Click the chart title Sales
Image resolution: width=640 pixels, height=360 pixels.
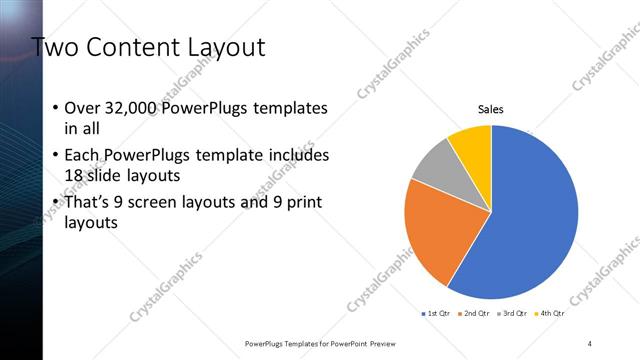click(x=490, y=108)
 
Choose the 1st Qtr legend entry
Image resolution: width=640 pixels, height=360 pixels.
click(x=436, y=314)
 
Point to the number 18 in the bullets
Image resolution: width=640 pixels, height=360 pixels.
click(x=75, y=174)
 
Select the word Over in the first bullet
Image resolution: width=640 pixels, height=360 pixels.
click(x=82, y=108)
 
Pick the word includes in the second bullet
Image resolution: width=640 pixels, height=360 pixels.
click(x=299, y=156)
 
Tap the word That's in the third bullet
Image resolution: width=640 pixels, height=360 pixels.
click(x=89, y=203)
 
